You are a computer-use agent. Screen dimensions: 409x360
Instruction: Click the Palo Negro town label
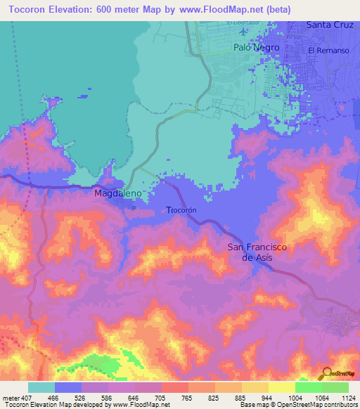click(256, 48)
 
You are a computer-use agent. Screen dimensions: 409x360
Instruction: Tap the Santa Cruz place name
click(330, 25)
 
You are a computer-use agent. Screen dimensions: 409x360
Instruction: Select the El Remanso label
click(328, 51)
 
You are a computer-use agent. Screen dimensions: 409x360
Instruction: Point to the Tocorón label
click(180, 209)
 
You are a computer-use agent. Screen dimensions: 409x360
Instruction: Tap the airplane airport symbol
click(244, 31)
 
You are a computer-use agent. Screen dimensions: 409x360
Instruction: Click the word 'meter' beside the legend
click(11, 397)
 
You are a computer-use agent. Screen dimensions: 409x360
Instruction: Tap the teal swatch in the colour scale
click(41, 387)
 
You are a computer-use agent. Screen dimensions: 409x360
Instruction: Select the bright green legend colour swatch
click(308, 387)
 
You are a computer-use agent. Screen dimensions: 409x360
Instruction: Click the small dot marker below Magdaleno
click(134, 207)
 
